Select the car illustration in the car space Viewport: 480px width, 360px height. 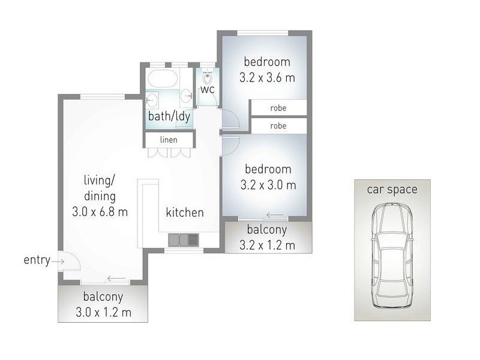(392, 255)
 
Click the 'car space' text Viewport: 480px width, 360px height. (392, 190)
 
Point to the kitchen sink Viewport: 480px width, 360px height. (184, 240)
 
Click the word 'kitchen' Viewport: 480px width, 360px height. (185, 212)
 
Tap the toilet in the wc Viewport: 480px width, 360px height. (208, 77)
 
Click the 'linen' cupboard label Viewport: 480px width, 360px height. (169, 140)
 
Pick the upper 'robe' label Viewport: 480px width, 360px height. (278, 108)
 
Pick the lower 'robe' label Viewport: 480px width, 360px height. (278, 126)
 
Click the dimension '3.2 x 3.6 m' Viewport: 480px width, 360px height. (267, 77)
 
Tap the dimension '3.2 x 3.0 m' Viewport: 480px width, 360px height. (267, 185)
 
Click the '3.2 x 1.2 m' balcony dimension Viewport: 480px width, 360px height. (267, 245)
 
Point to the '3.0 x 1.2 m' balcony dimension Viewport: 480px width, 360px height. (103, 312)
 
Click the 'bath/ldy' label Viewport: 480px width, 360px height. (170, 116)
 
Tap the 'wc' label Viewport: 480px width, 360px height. (208, 90)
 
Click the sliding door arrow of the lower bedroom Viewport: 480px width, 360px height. (275, 215)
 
